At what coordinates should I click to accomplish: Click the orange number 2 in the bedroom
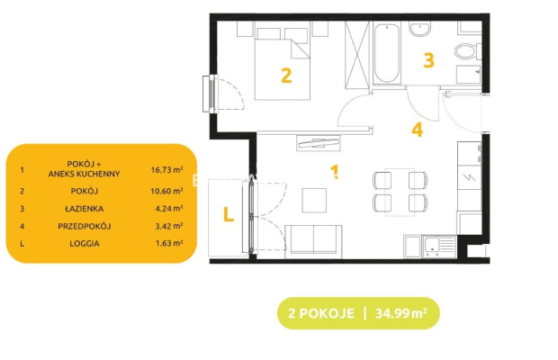(286, 76)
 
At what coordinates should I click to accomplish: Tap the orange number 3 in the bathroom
(428, 60)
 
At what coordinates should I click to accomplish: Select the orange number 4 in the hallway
(417, 130)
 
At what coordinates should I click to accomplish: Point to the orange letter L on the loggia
(228, 214)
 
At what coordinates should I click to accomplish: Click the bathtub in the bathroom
(387, 53)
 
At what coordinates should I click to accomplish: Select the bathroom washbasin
(420, 29)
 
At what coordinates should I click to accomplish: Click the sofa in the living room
(313, 241)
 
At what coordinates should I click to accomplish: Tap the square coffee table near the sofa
(314, 201)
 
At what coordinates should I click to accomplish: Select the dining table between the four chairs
(400, 192)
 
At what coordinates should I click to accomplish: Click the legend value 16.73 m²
(166, 169)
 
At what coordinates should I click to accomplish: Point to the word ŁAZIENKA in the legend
(85, 209)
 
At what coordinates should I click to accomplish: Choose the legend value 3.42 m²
(169, 226)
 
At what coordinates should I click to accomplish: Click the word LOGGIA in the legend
(85, 244)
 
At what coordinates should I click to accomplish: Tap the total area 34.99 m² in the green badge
(401, 313)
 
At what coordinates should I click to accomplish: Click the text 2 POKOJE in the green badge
(321, 313)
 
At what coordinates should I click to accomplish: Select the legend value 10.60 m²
(166, 191)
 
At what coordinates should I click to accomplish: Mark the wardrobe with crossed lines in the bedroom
(357, 55)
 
